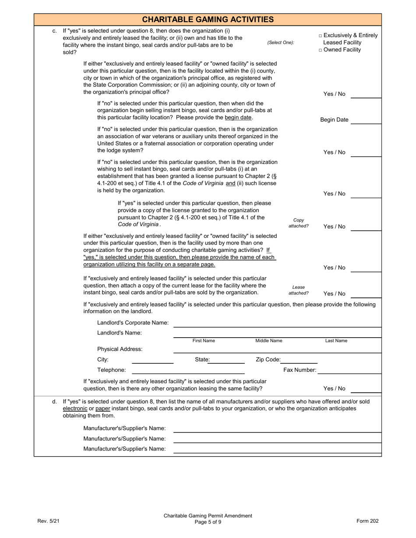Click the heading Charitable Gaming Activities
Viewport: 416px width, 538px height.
click(x=208, y=19)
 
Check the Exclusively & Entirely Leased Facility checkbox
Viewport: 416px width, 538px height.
click(x=321, y=36)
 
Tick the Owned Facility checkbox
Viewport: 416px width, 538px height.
click(x=321, y=50)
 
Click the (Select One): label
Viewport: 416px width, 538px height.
click(x=281, y=42)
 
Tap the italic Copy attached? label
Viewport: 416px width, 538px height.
click(x=298, y=223)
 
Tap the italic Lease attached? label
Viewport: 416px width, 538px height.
click(x=298, y=290)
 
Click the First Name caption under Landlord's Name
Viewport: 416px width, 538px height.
click(x=204, y=341)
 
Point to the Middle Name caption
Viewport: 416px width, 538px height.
click(x=269, y=341)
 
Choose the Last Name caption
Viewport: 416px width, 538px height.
click(x=336, y=341)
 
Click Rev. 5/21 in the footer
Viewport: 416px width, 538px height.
click(x=49, y=521)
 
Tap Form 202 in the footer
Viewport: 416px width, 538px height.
click(x=367, y=521)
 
